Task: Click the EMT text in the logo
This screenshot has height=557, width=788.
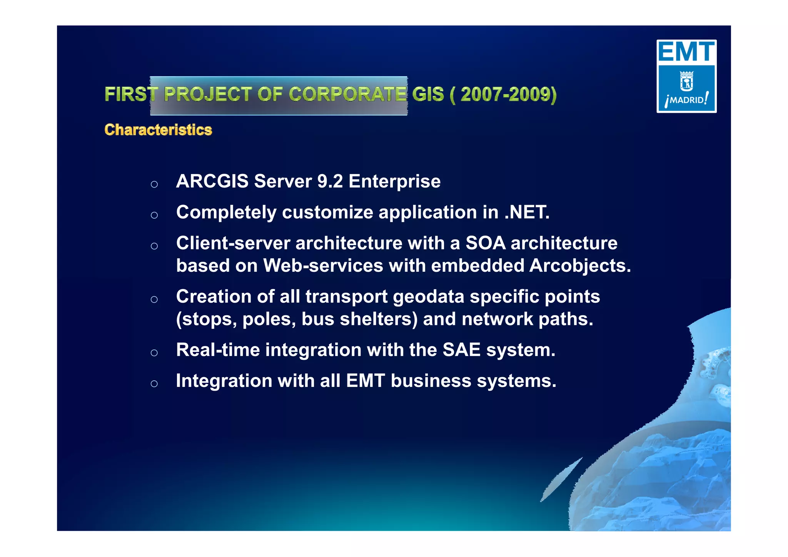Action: point(686,52)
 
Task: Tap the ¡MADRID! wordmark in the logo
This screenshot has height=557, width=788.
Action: point(686,100)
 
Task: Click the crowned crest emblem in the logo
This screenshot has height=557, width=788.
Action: point(686,81)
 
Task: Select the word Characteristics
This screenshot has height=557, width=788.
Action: point(158,130)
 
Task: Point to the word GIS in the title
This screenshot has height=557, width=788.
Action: point(428,94)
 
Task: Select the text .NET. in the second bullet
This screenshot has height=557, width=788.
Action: point(527,212)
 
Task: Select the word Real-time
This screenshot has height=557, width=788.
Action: point(218,350)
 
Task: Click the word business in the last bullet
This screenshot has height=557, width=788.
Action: point(431,381)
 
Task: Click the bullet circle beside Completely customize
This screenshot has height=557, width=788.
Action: point(154,215)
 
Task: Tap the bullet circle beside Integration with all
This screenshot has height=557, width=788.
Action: point(154,383)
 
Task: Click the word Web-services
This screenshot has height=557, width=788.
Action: point(323,266)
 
